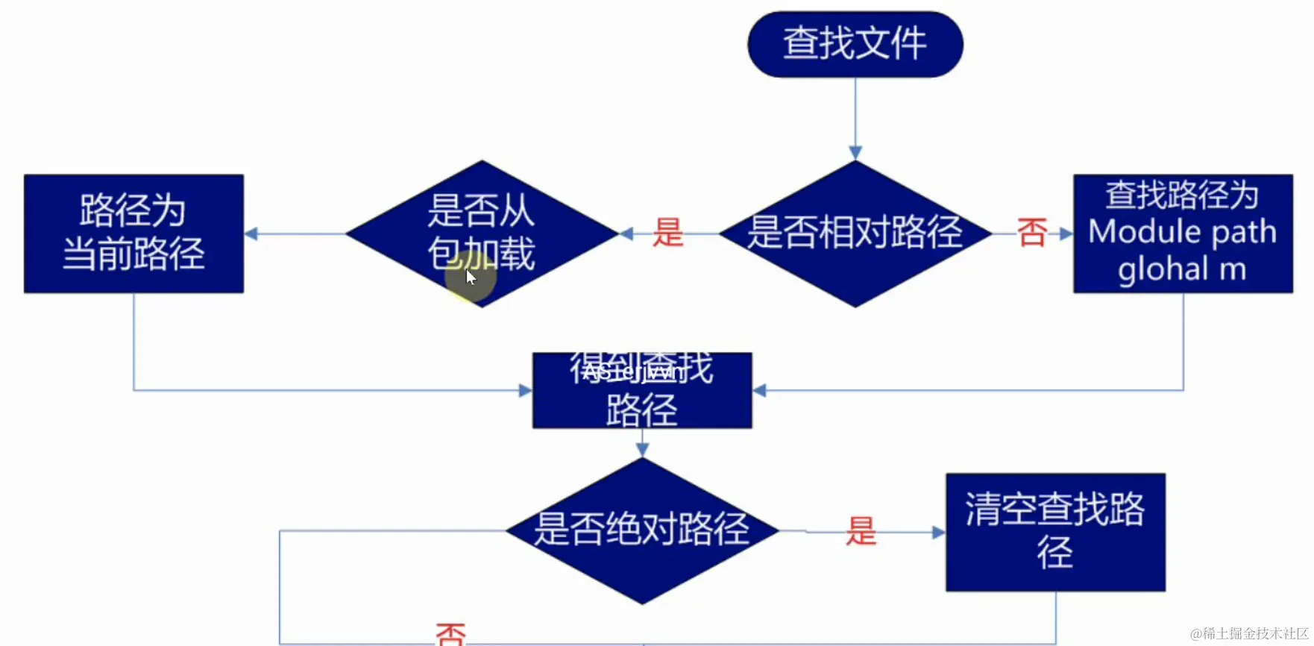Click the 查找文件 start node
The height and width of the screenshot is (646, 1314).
[x=855, y=44]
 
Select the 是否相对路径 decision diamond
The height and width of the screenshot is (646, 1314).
[x=855, y=233]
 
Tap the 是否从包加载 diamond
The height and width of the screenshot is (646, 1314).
[x=482, y=233]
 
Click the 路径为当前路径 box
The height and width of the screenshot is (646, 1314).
[x=133, y=233]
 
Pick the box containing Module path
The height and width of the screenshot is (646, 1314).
[x=1183, y=233]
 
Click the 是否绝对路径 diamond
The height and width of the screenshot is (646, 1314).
[x=642, y=530]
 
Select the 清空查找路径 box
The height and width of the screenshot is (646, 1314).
[x=1055, y=532]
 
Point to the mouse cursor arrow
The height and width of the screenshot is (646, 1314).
[x=471, y=277]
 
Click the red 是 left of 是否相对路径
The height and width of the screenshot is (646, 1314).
[x=667, y=233]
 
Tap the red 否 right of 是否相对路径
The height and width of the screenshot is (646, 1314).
[x=1032, y=233]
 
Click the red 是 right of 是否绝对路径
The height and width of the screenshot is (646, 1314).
[x=861, y=531]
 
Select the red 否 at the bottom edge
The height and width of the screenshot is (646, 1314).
[x=450, y=635]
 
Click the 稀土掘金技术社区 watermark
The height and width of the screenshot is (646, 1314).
[x=1249, y=634]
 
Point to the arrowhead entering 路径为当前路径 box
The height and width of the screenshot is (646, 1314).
[x=251, y=233]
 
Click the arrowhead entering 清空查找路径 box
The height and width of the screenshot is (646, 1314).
[x=938, y=533]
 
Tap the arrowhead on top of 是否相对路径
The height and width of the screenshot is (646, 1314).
[x=855, y=153]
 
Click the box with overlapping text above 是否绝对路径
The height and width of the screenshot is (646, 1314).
[x=642, y=390]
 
